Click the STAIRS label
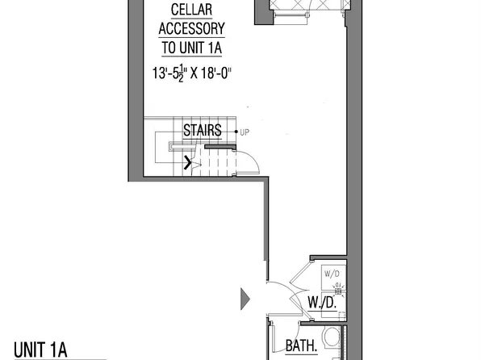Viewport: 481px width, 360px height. (202, 131)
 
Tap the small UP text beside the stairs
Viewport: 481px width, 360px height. (245, 131)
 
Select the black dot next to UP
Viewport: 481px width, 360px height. (236, 131)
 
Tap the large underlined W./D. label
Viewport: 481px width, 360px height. (321, 303)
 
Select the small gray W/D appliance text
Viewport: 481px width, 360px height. (332, 274)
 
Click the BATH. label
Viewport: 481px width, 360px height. (303, 347)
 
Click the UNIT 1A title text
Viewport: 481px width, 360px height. (39, 349)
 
